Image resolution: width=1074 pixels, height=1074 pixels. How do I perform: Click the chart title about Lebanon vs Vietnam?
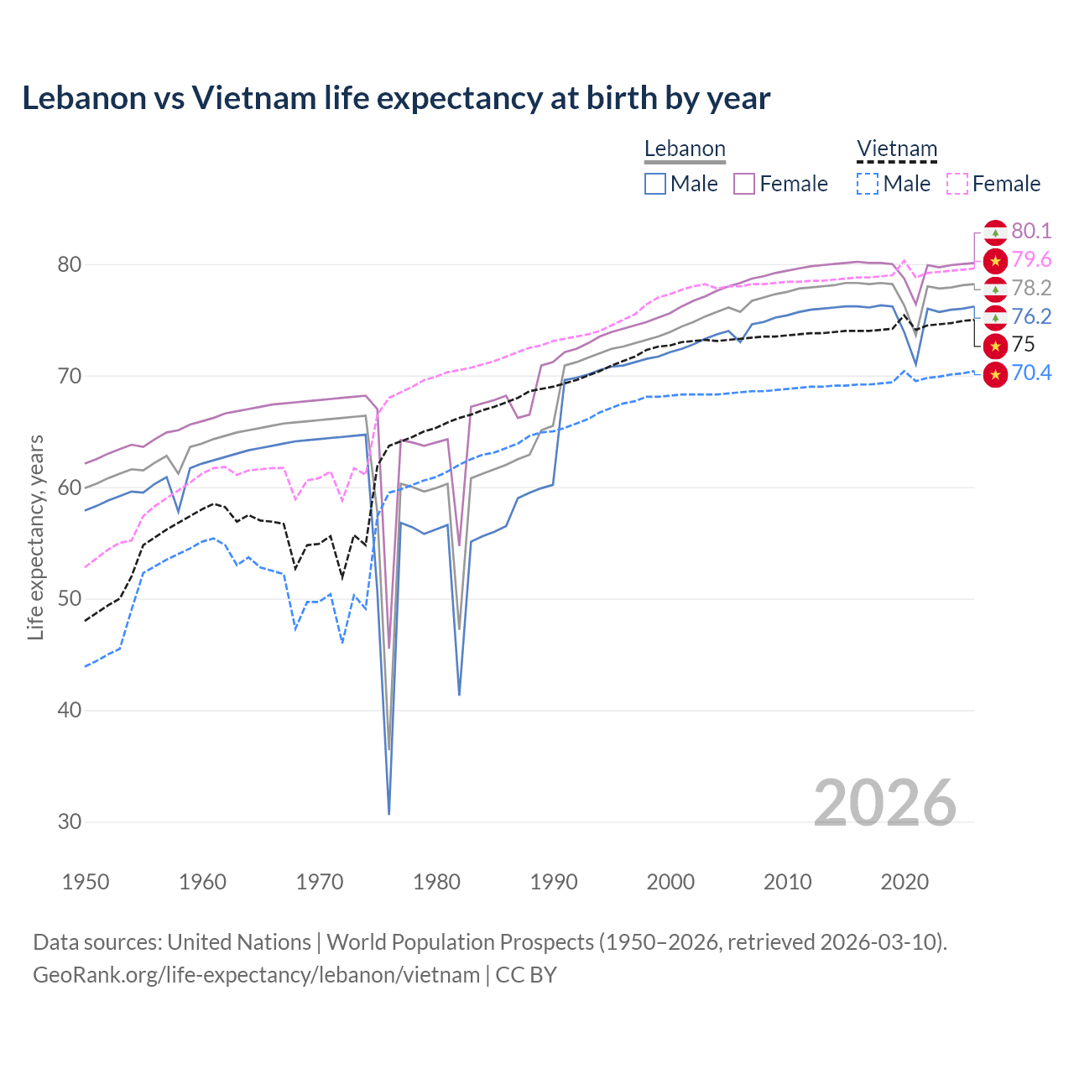click(396, 98)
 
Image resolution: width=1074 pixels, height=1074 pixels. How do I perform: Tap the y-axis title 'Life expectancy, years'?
click(35, 537)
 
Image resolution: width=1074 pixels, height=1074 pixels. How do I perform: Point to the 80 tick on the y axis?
click(70, 264)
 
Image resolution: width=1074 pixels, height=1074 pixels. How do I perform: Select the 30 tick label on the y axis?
click(70, 821)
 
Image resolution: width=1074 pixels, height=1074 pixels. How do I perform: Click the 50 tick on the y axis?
click(70, 599)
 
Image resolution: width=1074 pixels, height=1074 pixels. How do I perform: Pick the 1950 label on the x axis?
click(86, 882)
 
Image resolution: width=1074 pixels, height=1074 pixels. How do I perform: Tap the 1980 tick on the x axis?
click(436, 882)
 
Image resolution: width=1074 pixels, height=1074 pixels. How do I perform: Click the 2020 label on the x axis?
click(905, 882)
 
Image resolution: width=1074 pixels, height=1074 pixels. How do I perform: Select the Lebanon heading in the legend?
click(685, 149)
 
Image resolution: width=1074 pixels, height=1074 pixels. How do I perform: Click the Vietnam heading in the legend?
click(897, 149)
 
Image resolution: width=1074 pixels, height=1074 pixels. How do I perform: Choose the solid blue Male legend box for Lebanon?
click(655, 184)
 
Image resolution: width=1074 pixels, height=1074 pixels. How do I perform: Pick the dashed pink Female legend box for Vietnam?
click(957, 184)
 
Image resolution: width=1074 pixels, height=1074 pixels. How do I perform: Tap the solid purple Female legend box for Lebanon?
click(745, 184)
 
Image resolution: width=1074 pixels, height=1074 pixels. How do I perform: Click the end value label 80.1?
click(1031, 231)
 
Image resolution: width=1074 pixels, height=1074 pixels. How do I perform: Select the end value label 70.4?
click(1031, 373)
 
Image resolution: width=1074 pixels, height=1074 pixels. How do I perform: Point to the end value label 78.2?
click(1031, 288)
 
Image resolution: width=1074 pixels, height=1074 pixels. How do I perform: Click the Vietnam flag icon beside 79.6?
click(995, 261)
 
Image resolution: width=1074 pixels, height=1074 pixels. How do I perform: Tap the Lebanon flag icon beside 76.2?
click(995, 317)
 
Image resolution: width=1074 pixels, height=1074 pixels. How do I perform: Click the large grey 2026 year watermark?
click(884, 803)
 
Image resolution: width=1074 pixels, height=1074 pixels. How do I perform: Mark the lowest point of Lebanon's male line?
click(389, 813)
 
